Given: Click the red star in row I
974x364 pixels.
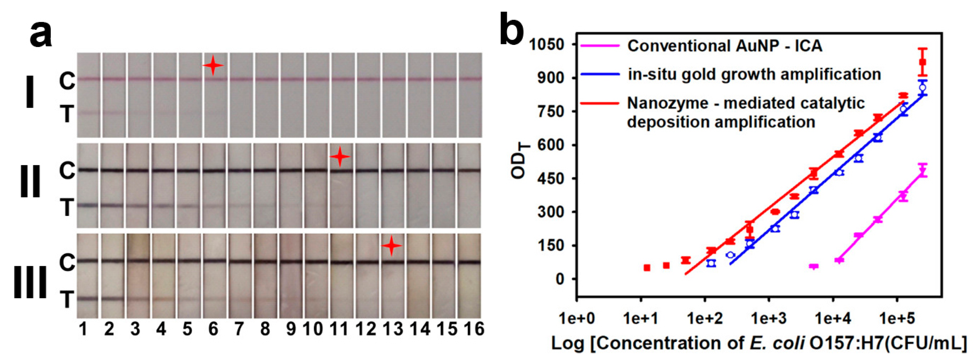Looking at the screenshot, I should click(x=213, y=66).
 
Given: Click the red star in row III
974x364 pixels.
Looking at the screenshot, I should click(x=391, y=246).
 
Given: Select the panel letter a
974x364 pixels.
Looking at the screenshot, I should click(x=41, y=34).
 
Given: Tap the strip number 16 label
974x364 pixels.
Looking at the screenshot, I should click(x=474, y=329).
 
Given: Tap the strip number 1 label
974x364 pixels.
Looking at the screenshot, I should click(x=83, y=329).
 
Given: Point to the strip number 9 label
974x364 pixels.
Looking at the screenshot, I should click(x=290, y=329).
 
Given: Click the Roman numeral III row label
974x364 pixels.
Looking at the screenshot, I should click(x=30, y=282).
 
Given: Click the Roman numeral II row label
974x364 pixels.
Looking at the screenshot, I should click(x=30, y=182).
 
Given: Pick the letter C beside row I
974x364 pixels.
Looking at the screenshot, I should click(x=67, y=81).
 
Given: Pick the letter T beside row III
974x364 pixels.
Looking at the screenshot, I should click(x=67, y=300).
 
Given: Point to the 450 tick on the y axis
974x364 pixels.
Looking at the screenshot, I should click(x=550, y=178).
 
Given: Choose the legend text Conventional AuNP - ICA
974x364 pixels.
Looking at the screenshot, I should click(x=725, y=46).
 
